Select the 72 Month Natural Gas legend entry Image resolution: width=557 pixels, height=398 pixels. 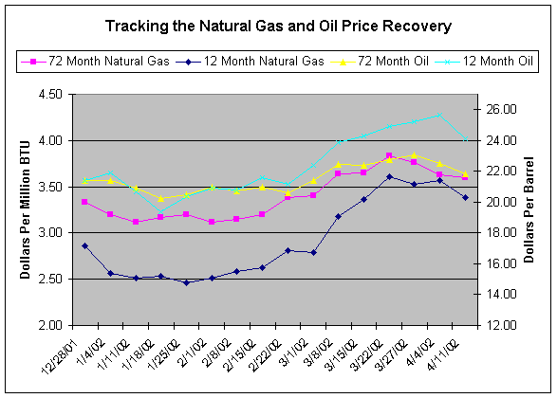pyautogui.click(x=95, y=62)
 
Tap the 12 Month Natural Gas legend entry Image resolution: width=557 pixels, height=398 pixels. pyautogui.click(x=250, y=62)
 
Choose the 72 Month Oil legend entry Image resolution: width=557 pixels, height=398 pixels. pyautogui.click(x=380, y=62)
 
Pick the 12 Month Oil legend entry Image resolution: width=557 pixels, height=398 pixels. pyautogui.click(x=484, y=62)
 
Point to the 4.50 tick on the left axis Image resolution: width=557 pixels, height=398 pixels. pyautogui.click(x=51, y=95)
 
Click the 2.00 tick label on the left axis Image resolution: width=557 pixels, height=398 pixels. pyautogui.click(x=51, y=325)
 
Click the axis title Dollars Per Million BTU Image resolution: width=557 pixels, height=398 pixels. pyautogui.click(x=25, y=209)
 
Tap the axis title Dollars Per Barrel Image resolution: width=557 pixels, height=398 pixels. pyautogui.click(x=529, y=209)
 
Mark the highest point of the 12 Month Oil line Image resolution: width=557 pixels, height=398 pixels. pyautogui.click(x=439, y=116)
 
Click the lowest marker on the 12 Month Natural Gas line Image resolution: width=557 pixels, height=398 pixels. pyautogui.click(x=186, y=282)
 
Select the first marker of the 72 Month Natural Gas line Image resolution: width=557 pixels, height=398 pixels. pyautogui.click(x=84, y=202)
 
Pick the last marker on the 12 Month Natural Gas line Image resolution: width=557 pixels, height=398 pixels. pyautogui.click(x=465, y=198)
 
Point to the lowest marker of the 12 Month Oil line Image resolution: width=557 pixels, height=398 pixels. pyautogui.click(x=160, y=211)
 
